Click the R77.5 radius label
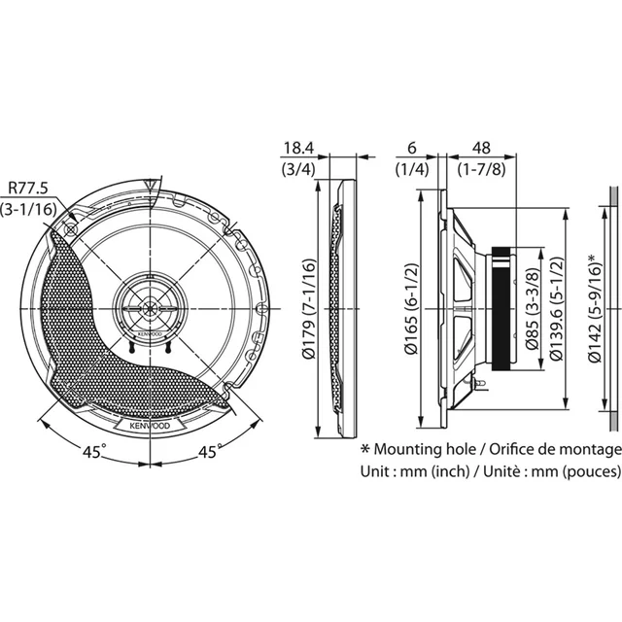(28, 188)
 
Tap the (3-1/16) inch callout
(28, 209)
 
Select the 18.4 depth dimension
(298, 148)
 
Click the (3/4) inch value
(298, 169)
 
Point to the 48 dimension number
(481, 148)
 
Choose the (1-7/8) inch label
(482, 169)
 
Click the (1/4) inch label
(412, 169)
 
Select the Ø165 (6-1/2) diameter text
(411, 309)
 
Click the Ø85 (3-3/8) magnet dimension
(533, 309)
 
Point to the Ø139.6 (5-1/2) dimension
(556, 309)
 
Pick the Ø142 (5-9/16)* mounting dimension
(594, 308)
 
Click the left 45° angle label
(94, 451)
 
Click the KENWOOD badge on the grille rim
(150, 426)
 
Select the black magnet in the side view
(501, 309)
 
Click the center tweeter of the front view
(150, 308)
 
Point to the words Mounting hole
(425, 449)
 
